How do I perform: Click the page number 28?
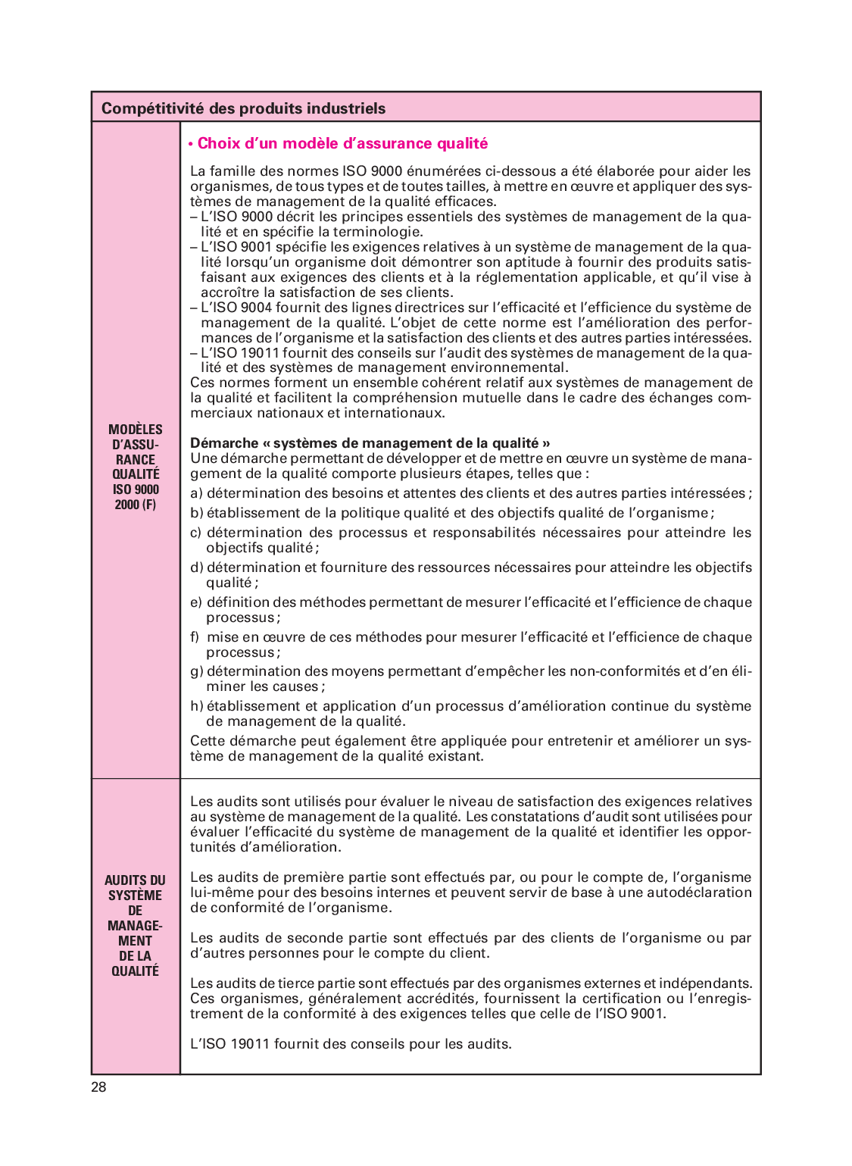99,1087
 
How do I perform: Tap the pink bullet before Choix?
192,144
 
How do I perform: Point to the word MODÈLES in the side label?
136,430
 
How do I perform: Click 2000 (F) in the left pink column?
136,505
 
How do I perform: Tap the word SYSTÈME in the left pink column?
136,896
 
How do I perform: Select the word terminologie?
378,232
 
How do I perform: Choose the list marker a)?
196,493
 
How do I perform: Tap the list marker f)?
195,637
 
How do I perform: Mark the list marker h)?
196,706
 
